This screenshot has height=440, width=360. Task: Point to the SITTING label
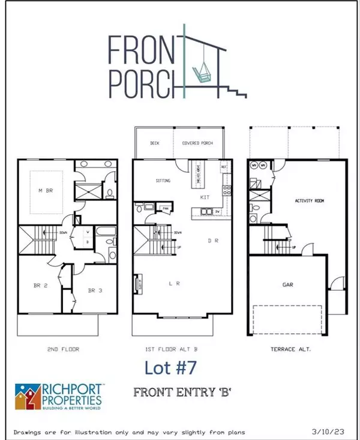(163, 181)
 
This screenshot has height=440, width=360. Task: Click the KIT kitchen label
(204, 197)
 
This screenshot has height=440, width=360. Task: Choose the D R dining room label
(213, 241)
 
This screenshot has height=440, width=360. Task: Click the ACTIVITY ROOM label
(309, 201)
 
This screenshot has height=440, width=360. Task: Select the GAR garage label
(289, 286)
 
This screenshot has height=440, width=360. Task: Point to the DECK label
(154, 143)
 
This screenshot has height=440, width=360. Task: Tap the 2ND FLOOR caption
(63, 349)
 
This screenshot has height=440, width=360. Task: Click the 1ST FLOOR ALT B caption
(180, 349)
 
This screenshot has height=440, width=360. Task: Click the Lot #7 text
(171, 367)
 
